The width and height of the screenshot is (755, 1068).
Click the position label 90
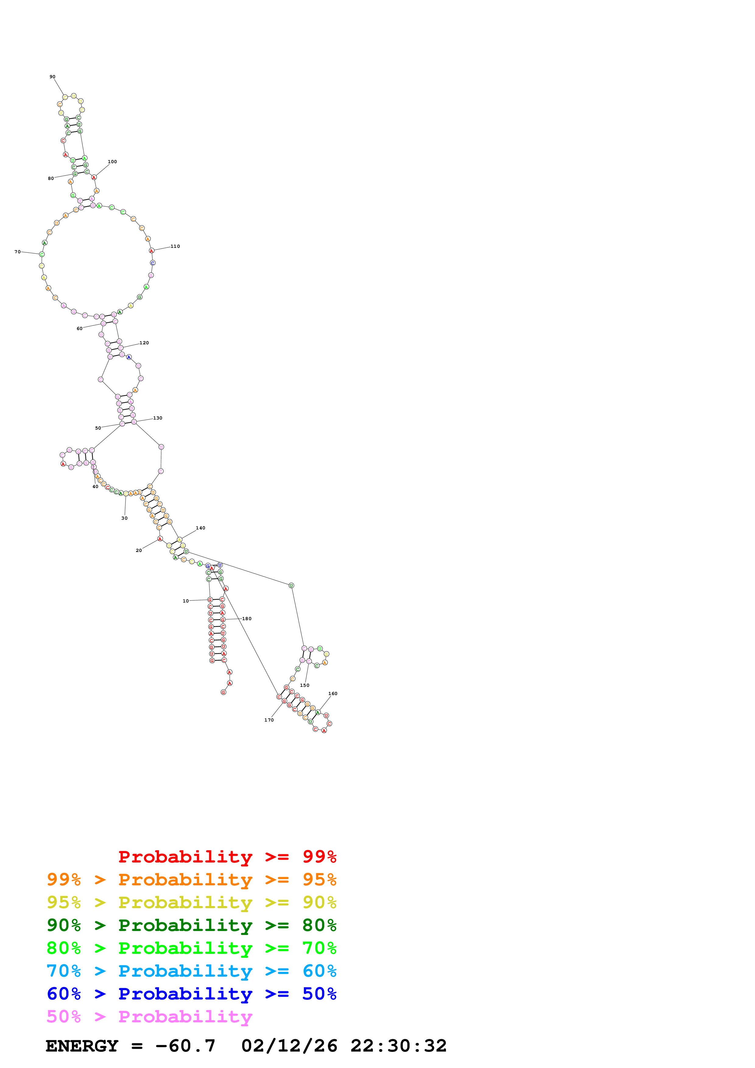(x=53, y=77)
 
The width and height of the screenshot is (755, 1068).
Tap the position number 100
(x=112, y=162)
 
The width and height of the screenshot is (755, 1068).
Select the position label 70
(x=17, y=252)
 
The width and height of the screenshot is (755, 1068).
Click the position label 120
(x=144, y=343)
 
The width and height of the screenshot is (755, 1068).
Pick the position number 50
(x=98, y=428)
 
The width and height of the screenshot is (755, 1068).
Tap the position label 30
(x=124, y=518)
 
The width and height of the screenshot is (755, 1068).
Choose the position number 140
(x=200, y=528)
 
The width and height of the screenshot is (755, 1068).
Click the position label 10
(x=185, y=601)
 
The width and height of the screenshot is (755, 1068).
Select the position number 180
(x=247, y=619)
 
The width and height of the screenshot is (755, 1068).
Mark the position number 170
(x=269, y=720)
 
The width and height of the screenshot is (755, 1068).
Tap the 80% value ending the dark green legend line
(x=319, y=925)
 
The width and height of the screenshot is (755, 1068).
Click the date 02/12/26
(x=289, y=1046)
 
